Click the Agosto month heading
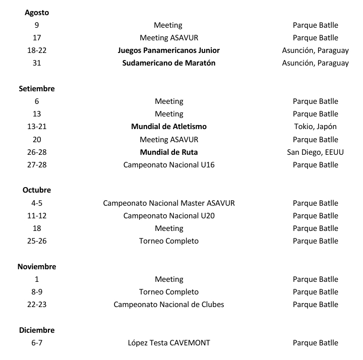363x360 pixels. tap(37, 12)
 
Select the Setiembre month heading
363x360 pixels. tap(37, 88)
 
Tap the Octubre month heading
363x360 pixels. tap(37, 190)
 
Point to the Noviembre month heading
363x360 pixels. tap(37, 266)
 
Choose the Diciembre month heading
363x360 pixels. tap(37, 330)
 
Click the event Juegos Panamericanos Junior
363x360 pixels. tap(168, 50)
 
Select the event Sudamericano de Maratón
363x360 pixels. tap(168, 63)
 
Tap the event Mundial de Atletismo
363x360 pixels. tap(168, 127)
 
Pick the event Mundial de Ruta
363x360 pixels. tap(168, 152)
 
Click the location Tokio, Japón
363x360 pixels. tap(315, 127)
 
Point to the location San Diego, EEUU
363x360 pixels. tap(315, 152)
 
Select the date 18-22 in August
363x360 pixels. tap(37, 50)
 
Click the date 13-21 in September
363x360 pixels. tap(37, 127)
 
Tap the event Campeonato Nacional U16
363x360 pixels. tap(168, 164)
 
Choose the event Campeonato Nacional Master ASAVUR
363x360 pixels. tap(168, 203)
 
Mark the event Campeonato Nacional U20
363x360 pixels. tap(168, 215)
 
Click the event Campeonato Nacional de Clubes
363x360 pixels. tap(168, 304)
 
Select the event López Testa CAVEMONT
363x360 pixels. tap(168, 343)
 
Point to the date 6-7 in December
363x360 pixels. tap(37, 343)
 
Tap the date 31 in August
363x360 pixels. tap(37, 63)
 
